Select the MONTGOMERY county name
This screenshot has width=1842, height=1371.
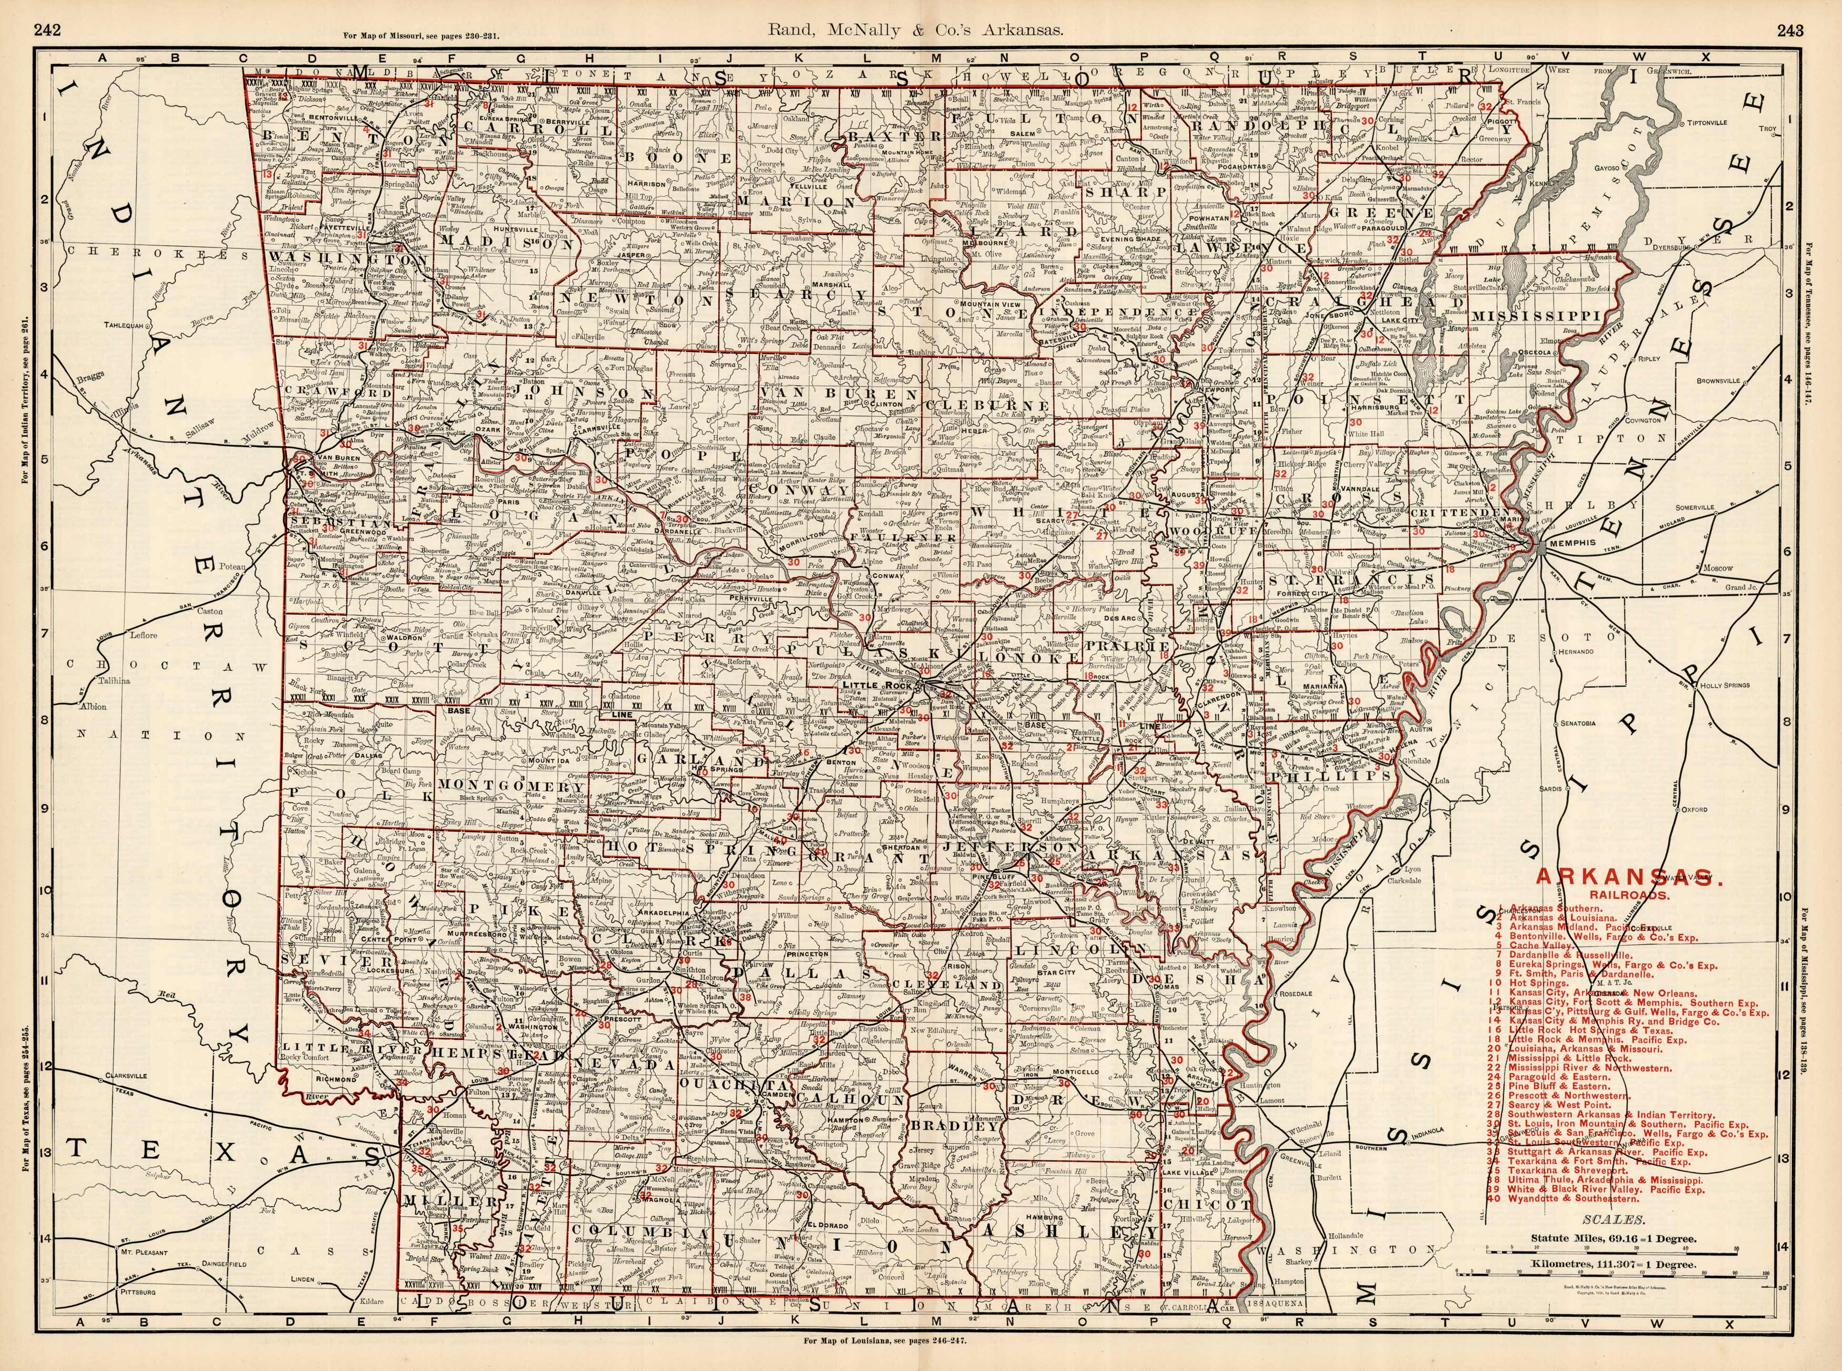512,785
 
